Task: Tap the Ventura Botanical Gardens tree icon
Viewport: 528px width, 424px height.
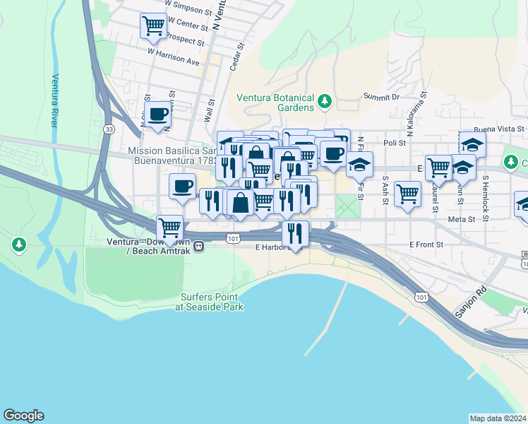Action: point(325,102)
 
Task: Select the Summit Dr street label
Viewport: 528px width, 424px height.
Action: point(381,96)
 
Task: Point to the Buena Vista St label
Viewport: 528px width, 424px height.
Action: point(499,129)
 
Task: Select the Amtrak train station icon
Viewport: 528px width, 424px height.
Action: point(200,247)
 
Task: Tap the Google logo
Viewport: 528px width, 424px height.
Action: point(23,416)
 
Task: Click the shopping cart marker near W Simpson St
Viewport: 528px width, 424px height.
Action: point(153,26)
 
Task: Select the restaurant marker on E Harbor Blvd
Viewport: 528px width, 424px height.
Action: point(294,233)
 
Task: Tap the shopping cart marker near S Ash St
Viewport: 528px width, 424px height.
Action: point(407,193)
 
